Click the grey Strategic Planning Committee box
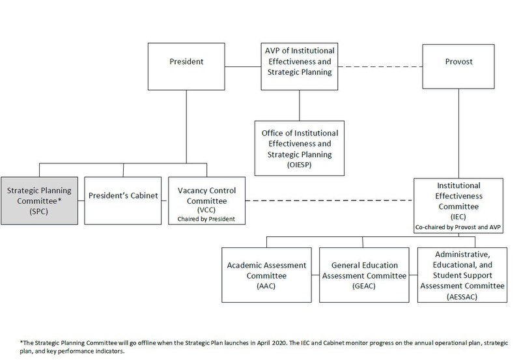(x=41, y=201)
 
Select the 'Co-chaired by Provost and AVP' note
(x=459, y=226)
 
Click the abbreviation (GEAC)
(x=361, y=286)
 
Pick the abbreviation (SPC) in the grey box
(x=41, y=212)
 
